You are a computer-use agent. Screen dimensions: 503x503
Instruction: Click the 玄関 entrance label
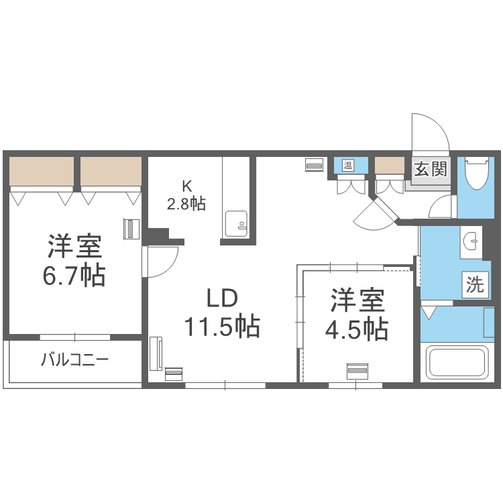429,168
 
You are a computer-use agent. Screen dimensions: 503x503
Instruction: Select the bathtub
455,363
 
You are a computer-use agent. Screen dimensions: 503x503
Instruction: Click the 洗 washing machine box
475,285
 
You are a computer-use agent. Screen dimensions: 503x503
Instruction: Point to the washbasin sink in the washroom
471,239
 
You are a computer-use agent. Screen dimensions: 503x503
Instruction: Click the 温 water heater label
349,164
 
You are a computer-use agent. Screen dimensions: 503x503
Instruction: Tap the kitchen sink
235,223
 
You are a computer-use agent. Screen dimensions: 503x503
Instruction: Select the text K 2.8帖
186,196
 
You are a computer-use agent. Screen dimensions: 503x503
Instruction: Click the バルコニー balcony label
74,360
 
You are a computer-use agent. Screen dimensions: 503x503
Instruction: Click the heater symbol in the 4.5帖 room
357,371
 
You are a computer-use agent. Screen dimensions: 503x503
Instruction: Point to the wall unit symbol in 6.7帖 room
130,229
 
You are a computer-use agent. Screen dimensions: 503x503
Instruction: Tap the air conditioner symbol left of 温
314,164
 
